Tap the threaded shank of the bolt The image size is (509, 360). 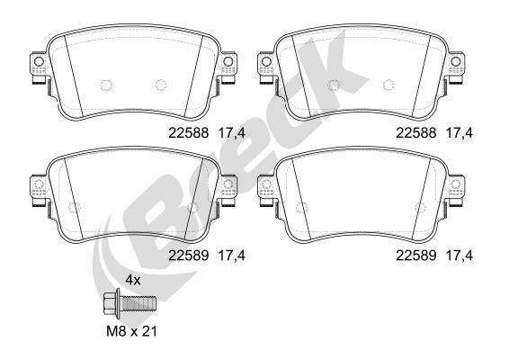click(x=139, y=303)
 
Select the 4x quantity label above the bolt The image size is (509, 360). click(x=133, y=280)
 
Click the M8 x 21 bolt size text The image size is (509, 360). click(x=132, y=331)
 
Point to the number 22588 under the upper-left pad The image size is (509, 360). click(x=189, y=133)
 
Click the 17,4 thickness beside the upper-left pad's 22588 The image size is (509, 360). click(x=232, y=133)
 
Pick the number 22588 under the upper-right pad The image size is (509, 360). click(x=415, y=133)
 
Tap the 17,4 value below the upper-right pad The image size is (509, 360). click(x=460, y=133)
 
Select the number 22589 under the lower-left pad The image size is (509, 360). click(x=189, y=256)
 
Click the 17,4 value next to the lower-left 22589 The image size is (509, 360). click(x=232, y=256)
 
